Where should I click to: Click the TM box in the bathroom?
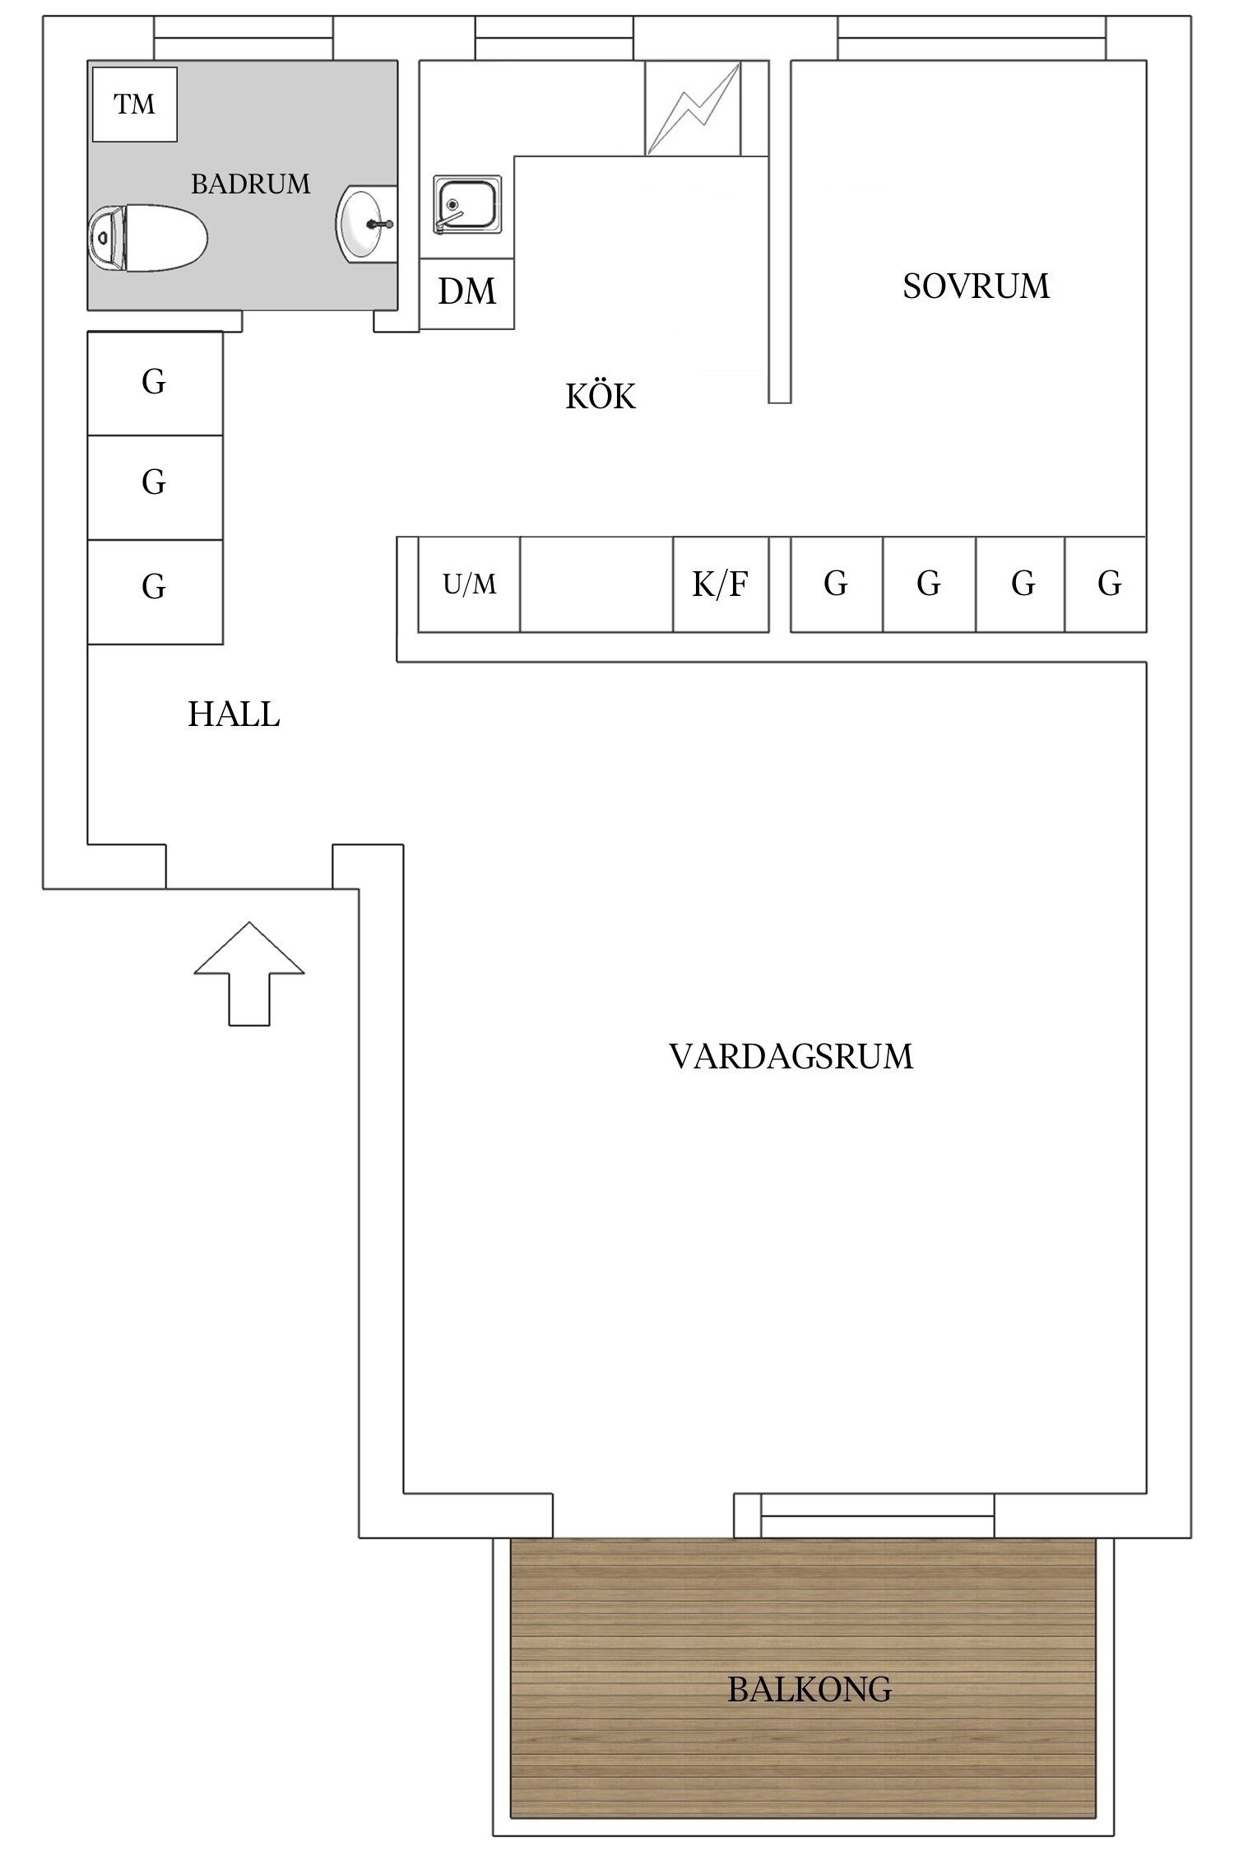coord(135,105)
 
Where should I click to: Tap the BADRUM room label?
coord(251,184)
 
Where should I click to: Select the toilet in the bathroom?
coord(146,238)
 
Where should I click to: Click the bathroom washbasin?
coord(363,224)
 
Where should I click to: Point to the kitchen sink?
coord(467,204)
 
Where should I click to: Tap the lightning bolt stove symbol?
coord(693,108)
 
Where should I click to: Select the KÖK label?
coord(601,398)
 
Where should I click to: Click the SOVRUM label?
coord(976,286)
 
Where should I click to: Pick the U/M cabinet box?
coord(469,584)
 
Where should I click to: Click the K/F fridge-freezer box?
coord(721,584)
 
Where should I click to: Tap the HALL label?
coord(234,714)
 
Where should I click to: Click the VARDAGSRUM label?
coord(791,1056)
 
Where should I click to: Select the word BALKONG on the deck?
coord(810,1690)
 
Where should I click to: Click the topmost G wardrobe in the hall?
coord(155,383)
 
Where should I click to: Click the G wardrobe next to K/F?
coord(836,584)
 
